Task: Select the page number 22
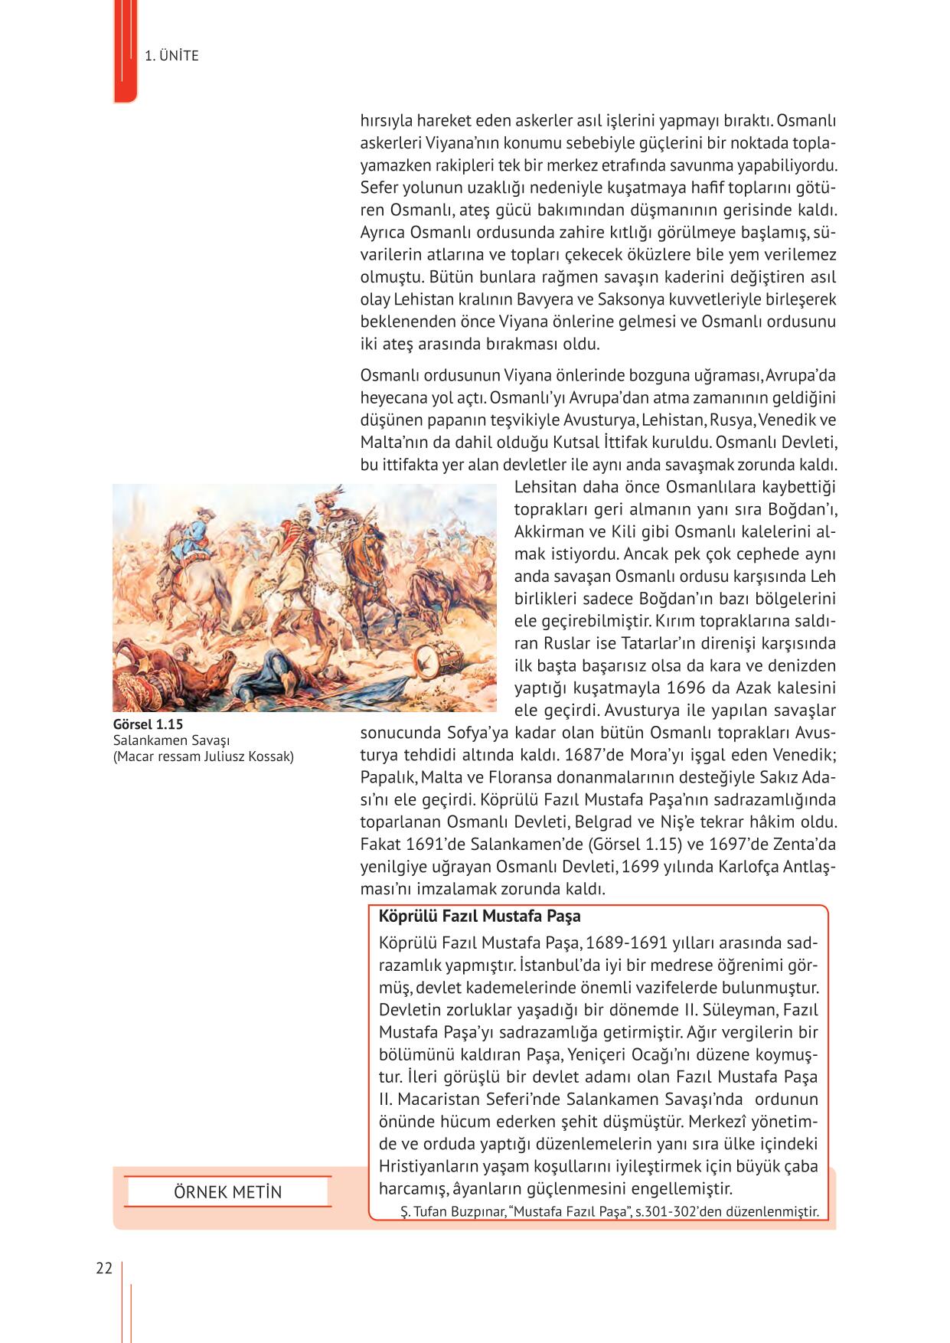click(x=104, y=1268)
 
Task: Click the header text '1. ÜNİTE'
click(x=171, y=56)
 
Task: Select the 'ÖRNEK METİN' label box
click(x=227, y=1192)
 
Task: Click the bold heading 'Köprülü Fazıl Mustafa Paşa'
click(x=479, y=917)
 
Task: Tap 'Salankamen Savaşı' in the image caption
click(x=171, y=740)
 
